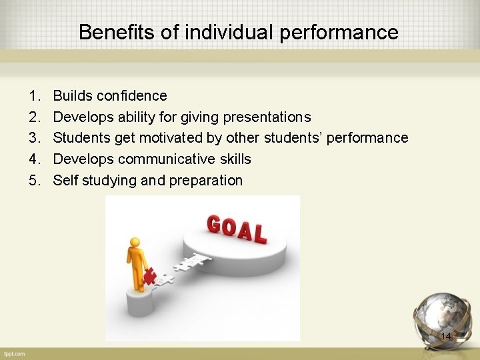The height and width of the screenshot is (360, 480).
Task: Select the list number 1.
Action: pos(33,96)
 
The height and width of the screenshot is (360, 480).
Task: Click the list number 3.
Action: pos(33,138)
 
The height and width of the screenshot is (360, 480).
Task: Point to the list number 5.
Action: pos(33,180)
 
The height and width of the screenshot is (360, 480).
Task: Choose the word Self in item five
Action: pos(65,180)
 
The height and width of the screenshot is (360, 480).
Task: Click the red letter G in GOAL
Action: pos(215,224)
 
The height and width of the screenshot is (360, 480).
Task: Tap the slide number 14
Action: pos(446,337)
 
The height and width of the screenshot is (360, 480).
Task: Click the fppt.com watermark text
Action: pos(13,353)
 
